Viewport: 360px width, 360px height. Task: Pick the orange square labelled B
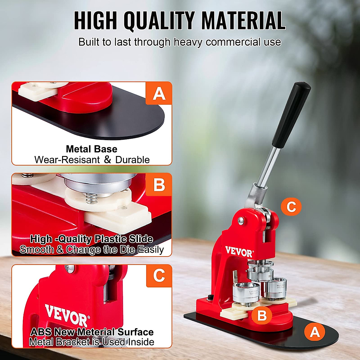pos(159,185)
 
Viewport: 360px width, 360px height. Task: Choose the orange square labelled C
pos(159,275)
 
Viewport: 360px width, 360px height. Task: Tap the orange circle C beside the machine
pos(291,207)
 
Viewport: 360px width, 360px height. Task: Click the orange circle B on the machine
pos(262,315)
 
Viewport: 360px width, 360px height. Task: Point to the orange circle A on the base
pos(314,332)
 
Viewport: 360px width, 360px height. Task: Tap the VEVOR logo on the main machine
pos(239,252)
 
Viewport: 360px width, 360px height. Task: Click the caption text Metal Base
pos(91,149)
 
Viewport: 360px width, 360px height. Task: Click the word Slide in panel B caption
pos(141,239)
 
